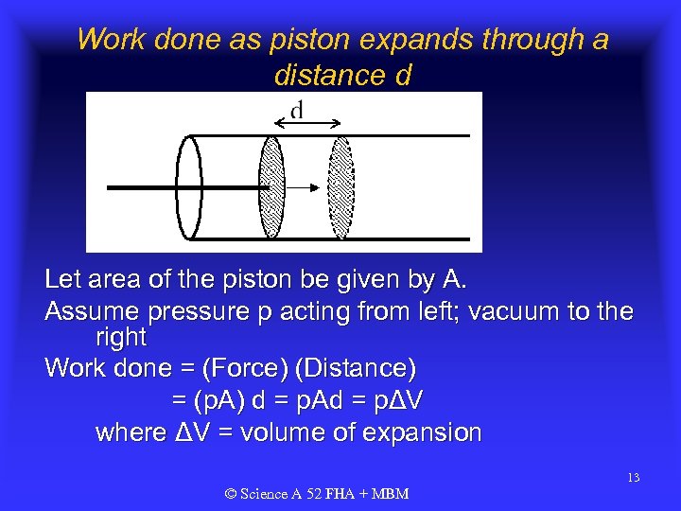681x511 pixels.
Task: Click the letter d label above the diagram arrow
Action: click(297, 111)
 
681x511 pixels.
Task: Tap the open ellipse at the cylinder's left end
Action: click(190, 188)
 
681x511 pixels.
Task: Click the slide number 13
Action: click(633, 478)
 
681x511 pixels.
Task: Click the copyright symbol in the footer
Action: click(231, 494)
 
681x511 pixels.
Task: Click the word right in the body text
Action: click(121, 338)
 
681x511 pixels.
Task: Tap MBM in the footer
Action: click(389, 494)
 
